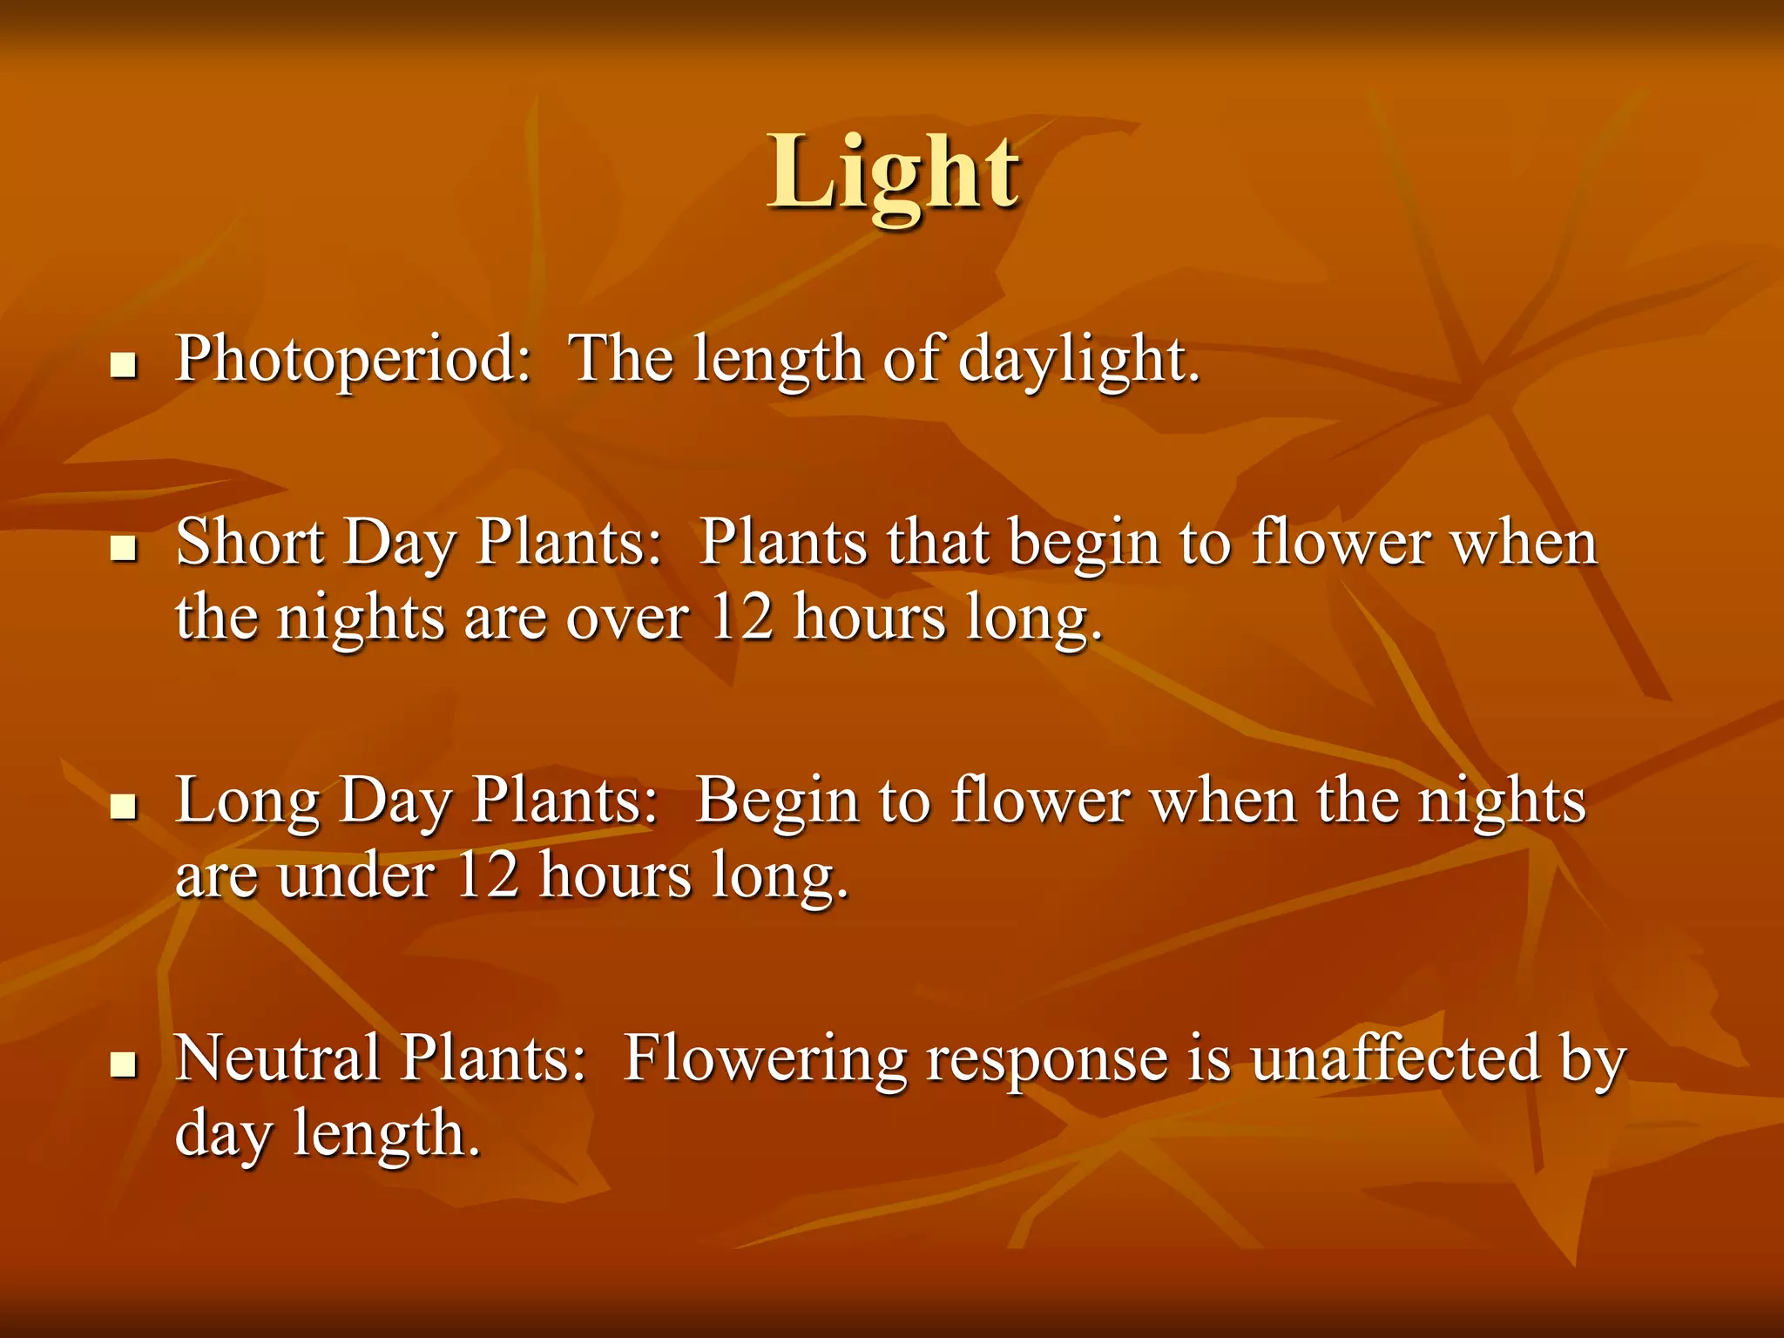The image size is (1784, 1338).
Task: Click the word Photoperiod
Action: point(352,359)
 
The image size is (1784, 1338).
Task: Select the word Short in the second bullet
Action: point(250,543)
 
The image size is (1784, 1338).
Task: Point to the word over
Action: point(627,618)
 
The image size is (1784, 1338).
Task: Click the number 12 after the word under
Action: point(487,875)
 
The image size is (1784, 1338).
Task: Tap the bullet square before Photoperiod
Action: point(125,366)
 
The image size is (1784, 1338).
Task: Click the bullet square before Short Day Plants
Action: point(125,550)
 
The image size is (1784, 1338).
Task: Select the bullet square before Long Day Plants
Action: point(125,808)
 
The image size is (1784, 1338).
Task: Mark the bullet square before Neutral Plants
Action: point(125,1064)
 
